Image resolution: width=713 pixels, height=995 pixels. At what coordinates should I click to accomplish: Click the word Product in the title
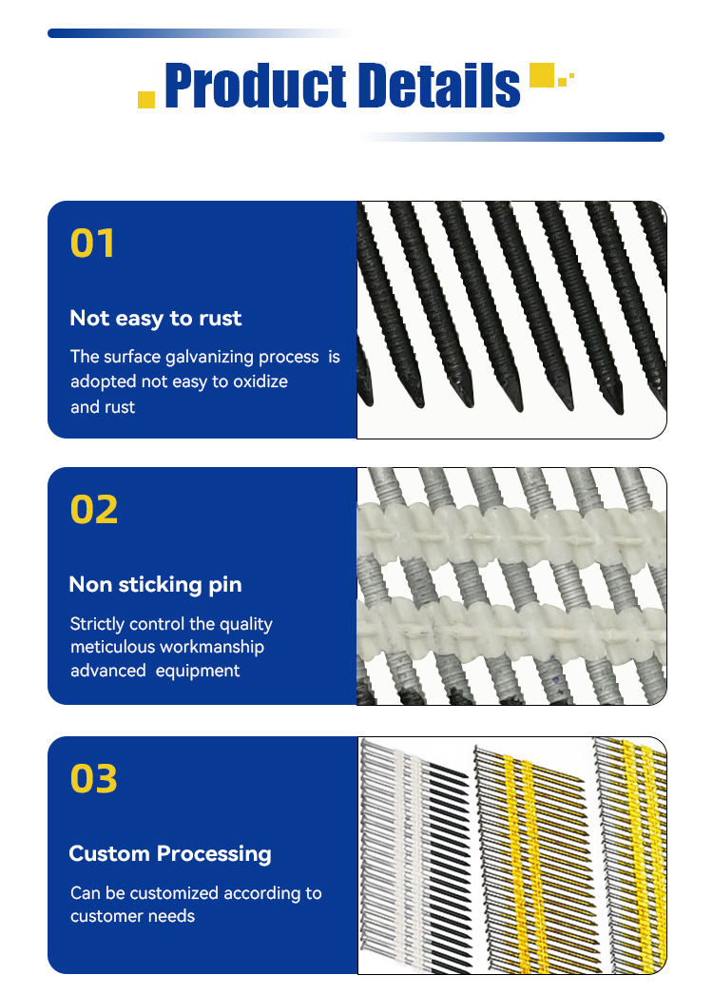255,85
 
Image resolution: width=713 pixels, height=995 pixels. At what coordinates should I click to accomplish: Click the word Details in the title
438,85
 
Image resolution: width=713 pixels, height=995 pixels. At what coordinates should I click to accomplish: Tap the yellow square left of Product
146,100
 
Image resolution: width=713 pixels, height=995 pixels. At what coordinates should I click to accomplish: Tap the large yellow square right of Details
542,75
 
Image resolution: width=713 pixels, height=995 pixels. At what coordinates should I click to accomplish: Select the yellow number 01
92,243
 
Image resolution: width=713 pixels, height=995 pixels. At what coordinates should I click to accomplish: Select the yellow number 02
94,510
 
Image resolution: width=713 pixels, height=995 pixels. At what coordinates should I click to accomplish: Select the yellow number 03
94,779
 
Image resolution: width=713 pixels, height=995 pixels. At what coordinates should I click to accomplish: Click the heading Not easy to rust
155,318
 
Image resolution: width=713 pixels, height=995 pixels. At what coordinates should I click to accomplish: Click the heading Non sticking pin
155,584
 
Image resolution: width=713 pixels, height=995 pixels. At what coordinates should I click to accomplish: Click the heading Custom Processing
170,853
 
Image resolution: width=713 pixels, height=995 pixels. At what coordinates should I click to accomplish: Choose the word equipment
198,672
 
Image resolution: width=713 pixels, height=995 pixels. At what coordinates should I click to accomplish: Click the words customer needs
132,916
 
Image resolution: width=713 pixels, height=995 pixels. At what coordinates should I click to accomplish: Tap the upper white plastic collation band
511,532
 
